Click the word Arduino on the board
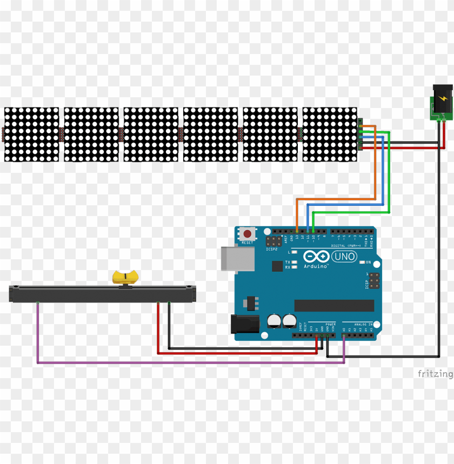(316, 266)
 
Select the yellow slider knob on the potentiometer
(125, 278)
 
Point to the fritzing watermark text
(435, 374)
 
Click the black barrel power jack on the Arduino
(241, 324)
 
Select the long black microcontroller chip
(334, 306)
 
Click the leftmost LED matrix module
(31, 135)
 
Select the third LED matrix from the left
(151, 135)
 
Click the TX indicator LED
(293, 262)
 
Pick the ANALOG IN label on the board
(363, 324)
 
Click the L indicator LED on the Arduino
(293, 252)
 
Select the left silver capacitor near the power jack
(274, 321)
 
